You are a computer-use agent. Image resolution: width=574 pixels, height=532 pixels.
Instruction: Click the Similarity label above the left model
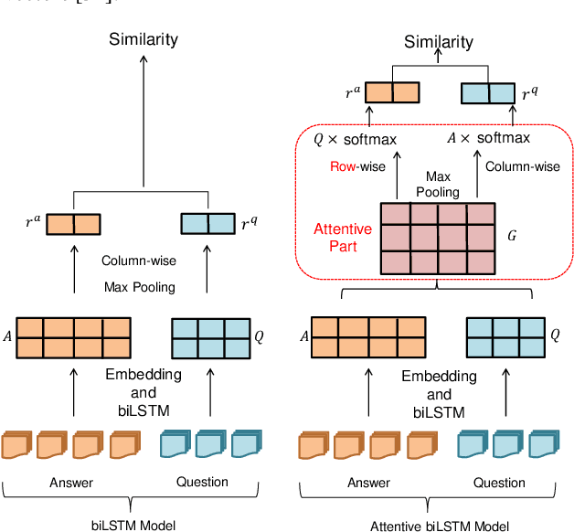coord(143,38)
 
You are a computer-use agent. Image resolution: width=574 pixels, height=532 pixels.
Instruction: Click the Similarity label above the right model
coord(440,41)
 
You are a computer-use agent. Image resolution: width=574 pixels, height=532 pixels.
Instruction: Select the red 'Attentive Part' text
coord(343,237)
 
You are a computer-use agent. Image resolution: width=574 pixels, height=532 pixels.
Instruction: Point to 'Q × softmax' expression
coord(356,139)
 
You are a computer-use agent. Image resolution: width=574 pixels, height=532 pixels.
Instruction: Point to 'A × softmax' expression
coord(487,139)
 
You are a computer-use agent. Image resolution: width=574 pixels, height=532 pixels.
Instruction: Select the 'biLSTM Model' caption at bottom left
coord(133,524)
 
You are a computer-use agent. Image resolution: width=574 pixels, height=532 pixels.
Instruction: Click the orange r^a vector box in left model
coord(73,224)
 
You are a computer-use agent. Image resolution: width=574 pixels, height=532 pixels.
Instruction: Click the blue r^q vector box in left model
coord(208,224)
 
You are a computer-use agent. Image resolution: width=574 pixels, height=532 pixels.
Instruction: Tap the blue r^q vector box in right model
coord(488,92)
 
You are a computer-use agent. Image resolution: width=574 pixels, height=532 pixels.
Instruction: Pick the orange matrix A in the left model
coord(73,337)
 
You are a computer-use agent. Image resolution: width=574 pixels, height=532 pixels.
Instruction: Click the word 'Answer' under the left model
coord(70,482)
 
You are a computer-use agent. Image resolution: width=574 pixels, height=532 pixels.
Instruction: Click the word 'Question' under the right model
coord(499,482)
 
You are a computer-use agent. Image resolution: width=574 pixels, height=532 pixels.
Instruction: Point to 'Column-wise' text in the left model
coord(137,260)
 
